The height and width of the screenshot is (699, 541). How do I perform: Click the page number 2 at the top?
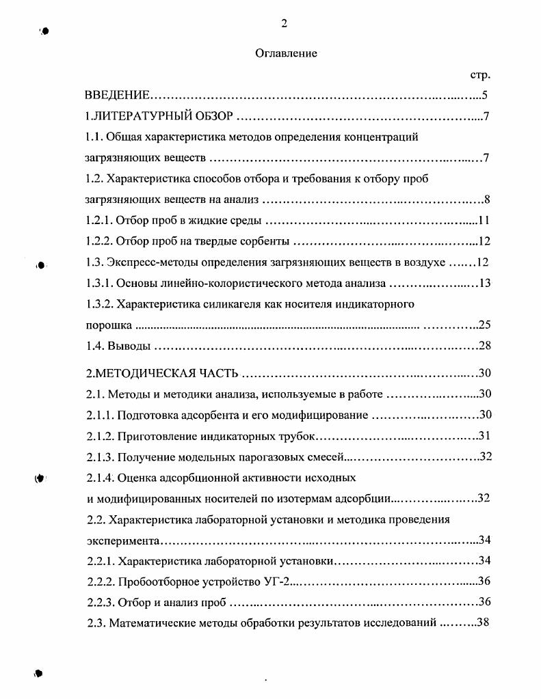coord(284,24)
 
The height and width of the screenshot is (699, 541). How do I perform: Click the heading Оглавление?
coord(286,53)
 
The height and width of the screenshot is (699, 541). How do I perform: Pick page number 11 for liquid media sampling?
coord(484,221)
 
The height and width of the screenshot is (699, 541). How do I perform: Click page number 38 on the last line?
coord(484,623)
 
